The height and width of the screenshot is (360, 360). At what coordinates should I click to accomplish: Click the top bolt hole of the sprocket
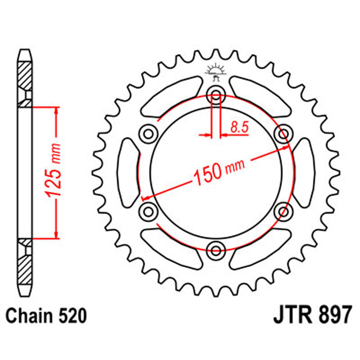216,95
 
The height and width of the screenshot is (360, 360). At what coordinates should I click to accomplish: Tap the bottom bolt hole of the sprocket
216,250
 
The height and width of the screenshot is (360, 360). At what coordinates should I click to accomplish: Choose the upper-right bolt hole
283,134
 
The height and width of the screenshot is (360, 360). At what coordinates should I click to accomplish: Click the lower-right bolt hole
283,211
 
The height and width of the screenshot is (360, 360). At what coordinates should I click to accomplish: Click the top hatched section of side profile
25,75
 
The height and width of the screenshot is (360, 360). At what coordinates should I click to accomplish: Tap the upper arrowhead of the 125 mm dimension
56,111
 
